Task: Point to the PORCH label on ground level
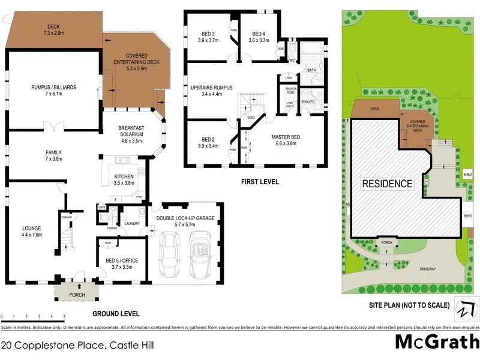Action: point(77,295)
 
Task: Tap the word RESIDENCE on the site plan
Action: point(387,184)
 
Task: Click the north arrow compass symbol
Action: point(466,310)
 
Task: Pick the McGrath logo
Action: point(436,342)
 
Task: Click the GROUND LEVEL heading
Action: point(116,313)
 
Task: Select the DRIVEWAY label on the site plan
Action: point(429,269)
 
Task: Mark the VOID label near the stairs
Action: point(251,118)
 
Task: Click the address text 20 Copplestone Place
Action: point(54,345)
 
